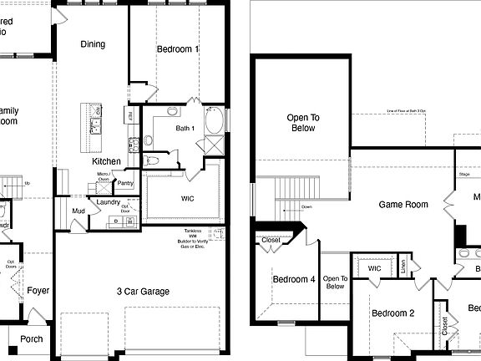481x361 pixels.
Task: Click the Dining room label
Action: click(93, 44)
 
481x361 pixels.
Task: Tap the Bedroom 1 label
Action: click(178, 50)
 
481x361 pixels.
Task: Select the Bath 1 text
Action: click(185, 128)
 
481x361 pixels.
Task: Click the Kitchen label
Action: click(106, 161)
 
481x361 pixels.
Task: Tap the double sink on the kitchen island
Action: click(96, 126)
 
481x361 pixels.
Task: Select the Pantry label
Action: click(126, 183)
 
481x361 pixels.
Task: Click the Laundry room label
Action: click(109, 201)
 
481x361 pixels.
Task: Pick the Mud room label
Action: click(77, 211)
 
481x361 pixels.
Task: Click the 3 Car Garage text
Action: click(142, 292)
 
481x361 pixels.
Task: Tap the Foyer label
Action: click(38, 291)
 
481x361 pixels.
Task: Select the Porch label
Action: click(32, 339)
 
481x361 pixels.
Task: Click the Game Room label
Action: click(403, 205)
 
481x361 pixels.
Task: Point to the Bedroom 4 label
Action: click(293, 280)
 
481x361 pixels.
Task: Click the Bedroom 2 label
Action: click(393, 313)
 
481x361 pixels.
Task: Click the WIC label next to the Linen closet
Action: click(374, 269)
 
